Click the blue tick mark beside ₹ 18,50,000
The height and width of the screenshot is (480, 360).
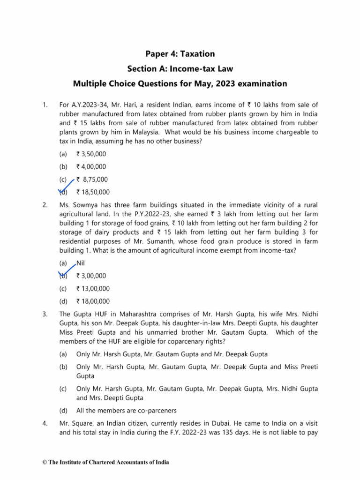click(66, 187)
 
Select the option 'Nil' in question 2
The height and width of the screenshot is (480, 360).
click(81, 263)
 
